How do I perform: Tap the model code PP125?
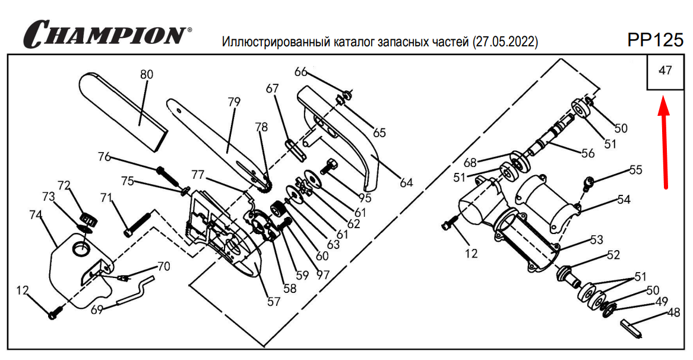[655, 40]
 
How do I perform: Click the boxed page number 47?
[665, 71]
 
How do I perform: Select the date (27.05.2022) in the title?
[505, 42]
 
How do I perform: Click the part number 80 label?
[146, 75]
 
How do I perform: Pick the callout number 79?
[233, 102]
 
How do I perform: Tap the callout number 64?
[406, 182]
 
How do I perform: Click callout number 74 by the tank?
[36, 214]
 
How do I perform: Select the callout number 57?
[273, 301]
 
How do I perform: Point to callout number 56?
[587, 153]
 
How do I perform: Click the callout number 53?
[596, 239]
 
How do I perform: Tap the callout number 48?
[673, 312]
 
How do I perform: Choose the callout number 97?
[322, 276]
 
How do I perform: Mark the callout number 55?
[635, 170]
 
